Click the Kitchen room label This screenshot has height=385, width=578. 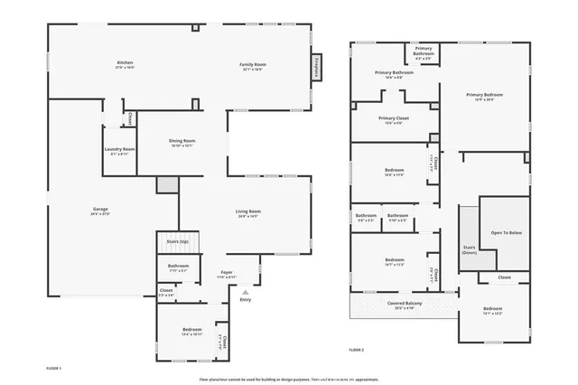pos(125,63)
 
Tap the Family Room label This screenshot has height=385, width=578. pos(252,64)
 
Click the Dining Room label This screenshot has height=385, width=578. pos(183,141)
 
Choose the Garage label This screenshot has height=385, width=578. pos(99,210)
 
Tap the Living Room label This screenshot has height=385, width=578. pos(248,211)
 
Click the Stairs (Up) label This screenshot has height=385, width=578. pos(177,242)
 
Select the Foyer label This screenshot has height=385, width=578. pos(227,272)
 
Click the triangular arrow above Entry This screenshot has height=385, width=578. pos(245,291)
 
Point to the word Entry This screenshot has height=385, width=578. pos(245,299)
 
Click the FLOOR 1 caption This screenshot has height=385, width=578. pos(53,368)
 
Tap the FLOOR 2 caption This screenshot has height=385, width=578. pos(356,349)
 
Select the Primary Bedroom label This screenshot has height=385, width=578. pos(484,94)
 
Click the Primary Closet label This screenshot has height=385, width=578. pos(393,118)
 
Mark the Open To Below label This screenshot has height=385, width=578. pos(506,232)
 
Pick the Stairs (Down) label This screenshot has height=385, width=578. pos(469,249)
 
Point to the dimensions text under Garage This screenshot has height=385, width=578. pos(99,215)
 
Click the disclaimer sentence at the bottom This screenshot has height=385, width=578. pos(289,380)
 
